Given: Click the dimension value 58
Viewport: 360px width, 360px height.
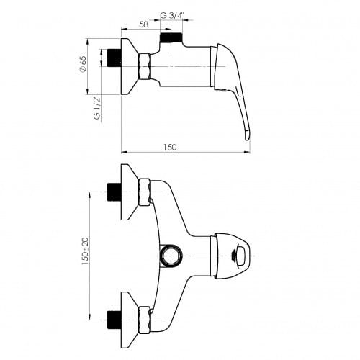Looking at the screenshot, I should click(143, 24).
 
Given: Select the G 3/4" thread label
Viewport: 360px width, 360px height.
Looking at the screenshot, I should click(171, 16).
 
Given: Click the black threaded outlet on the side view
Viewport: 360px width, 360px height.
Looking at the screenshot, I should click(171, 39).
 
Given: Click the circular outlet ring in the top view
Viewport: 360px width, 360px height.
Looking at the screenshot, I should click(172, 254).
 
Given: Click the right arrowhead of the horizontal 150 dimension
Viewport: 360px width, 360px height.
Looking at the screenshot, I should click(248, 152).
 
